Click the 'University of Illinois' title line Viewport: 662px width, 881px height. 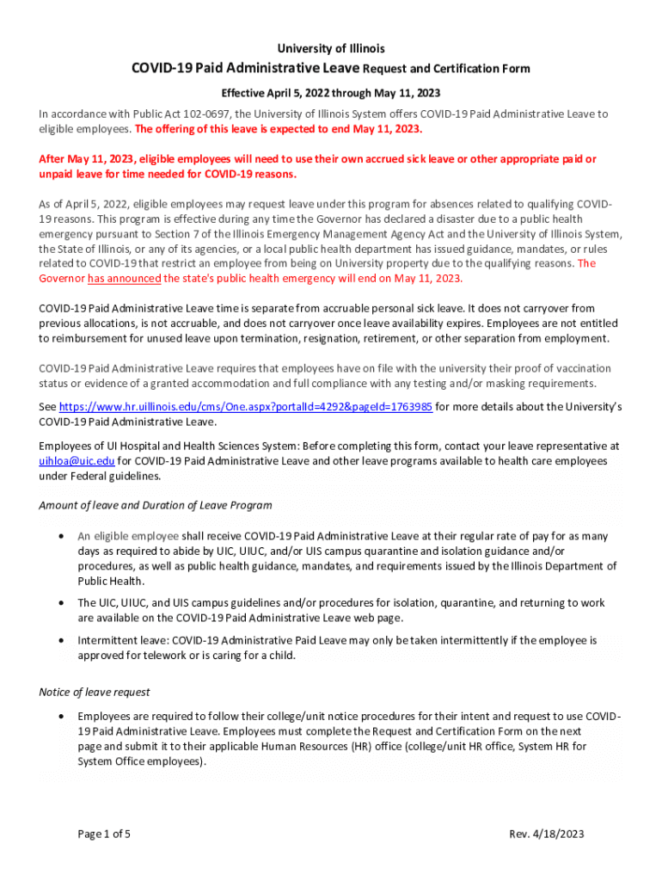[330, 48]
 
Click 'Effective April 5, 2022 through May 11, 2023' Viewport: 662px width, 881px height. [330, 92]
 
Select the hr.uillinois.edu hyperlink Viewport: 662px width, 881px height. [245, 406]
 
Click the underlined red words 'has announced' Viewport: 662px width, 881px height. [124, 279]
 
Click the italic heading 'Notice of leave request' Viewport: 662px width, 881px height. [95, 692]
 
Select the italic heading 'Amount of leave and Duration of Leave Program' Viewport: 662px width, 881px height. [156, 505]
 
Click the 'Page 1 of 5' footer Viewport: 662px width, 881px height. [104, 834]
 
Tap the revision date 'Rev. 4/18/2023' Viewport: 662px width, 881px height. [546, 834]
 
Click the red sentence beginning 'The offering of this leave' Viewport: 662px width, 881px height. [279, 129]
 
